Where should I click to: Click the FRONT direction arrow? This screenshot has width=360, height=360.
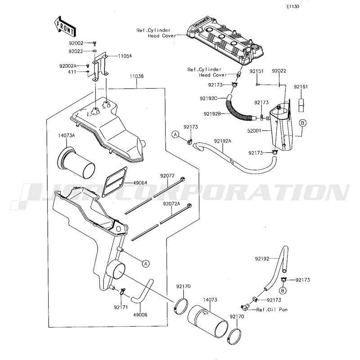(x=64, y=27)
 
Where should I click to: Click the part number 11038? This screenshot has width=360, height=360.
(x=137, y=76)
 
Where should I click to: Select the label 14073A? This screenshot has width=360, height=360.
(x=66, y=135)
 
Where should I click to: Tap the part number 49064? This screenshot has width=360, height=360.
(x=140, y=183)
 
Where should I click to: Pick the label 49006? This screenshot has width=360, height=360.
(x=140, y=315)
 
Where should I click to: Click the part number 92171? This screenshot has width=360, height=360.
(x=121, y=307)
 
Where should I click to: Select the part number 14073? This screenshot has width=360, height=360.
(x=210, y=300)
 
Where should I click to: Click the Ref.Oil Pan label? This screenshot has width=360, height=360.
(x=272, y=310)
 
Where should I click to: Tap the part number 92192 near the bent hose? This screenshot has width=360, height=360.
(x=262, y=259)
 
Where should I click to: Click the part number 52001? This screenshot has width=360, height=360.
(x=255, y=130)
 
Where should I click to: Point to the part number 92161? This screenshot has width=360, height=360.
(x=301, y=87)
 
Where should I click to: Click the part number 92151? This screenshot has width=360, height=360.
(x=256, y=71)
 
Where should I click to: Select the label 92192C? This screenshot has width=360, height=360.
(x=208, y=99)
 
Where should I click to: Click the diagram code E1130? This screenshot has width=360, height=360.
(x=293, y=7)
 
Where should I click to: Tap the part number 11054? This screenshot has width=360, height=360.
(x=125, y=56)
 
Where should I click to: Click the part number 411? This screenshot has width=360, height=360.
(x=72, y=72)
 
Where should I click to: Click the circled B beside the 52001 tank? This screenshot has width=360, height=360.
(x=302, y=123)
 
